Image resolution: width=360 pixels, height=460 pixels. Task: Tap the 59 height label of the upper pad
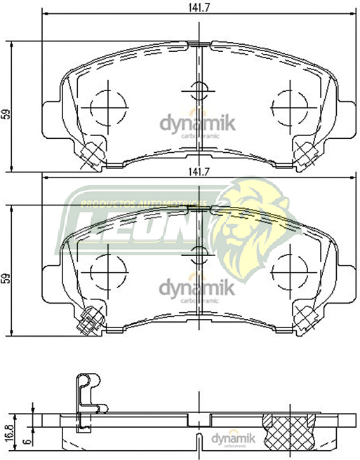click(x=7, y=112)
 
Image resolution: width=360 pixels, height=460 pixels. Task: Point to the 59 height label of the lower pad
click(x=7, y=278)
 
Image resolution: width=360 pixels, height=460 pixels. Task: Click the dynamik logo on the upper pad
click(x=197, y=125)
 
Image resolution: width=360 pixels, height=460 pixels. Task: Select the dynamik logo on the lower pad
click(x=197, y=289)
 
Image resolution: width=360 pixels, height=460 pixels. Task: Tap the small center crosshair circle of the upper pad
click(x=199, y=90)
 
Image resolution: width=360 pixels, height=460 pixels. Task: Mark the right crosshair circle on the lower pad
click(x=290, y=270)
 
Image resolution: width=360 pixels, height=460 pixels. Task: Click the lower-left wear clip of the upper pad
click(x=91, y=153)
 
